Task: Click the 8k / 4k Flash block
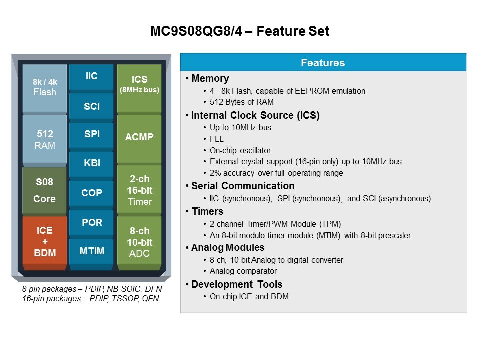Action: [x=45, y=88]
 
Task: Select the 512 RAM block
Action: [x=45, y=139]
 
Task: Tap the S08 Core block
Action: [x=44, y=190]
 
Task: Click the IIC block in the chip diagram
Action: [x=91, y=77]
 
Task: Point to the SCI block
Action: [x=91, y=106]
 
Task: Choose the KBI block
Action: [x=91, y=163]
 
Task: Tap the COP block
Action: [x=91, y=193]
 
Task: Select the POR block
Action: [x=91, y=222]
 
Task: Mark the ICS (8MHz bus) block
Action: [x=139, y=88]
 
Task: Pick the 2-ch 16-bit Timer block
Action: [x=139, y=190]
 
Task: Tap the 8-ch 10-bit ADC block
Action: [x=139, y=243]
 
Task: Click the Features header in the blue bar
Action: [x=323, y=63]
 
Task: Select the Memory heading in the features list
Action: [x=210, y=78]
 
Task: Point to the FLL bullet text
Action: [x=216, y=139]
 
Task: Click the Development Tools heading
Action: [x=237, y=284]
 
